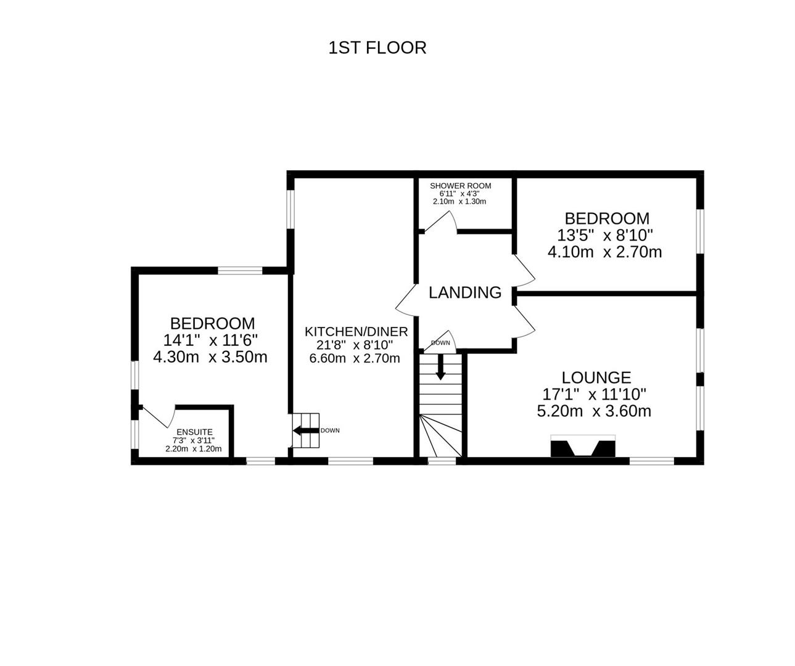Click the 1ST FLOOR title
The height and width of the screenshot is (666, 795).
tap(377, 47)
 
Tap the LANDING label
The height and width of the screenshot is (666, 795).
tap(465, 292)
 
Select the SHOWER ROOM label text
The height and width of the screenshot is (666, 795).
tap(460, 186)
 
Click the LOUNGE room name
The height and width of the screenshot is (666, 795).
tap(596, 377)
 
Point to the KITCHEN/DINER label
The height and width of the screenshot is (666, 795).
tap(356, 332)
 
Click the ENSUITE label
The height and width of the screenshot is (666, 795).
tap(194, 432)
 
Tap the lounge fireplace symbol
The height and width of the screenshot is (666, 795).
tap(583, 446)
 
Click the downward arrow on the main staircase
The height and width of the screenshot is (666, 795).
tap(440, 368)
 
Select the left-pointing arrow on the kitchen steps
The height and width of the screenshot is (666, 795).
tap(305, 430)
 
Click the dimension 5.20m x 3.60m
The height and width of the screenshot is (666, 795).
tap(594, 411)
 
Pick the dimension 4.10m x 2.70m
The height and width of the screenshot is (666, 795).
tap(604, 252)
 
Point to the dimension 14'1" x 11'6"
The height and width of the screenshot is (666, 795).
tap(210, 340)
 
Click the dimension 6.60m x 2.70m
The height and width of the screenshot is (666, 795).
tap(355, 358)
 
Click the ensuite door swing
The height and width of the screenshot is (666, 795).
tap(157, 416)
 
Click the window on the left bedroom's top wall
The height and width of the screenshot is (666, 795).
tap(239, 270)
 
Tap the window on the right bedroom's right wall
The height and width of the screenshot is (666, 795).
tap(700, 231)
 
